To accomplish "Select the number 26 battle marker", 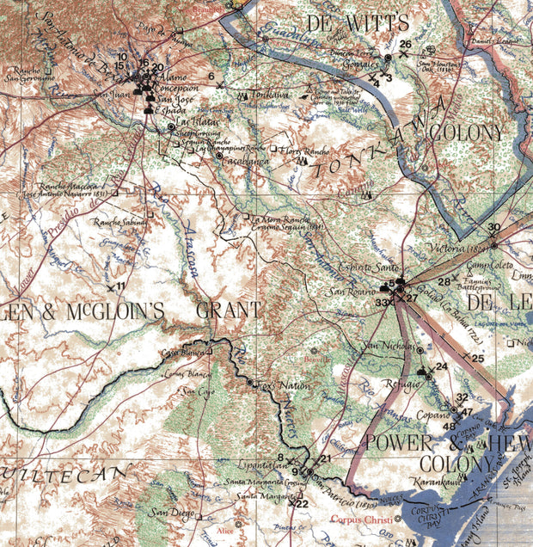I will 406,44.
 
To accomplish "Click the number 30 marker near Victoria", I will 493,228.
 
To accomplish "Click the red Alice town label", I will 224,532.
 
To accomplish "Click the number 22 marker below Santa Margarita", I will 302,504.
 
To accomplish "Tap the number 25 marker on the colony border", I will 478,358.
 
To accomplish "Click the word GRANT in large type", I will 228,310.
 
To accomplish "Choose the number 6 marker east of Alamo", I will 211,77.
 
